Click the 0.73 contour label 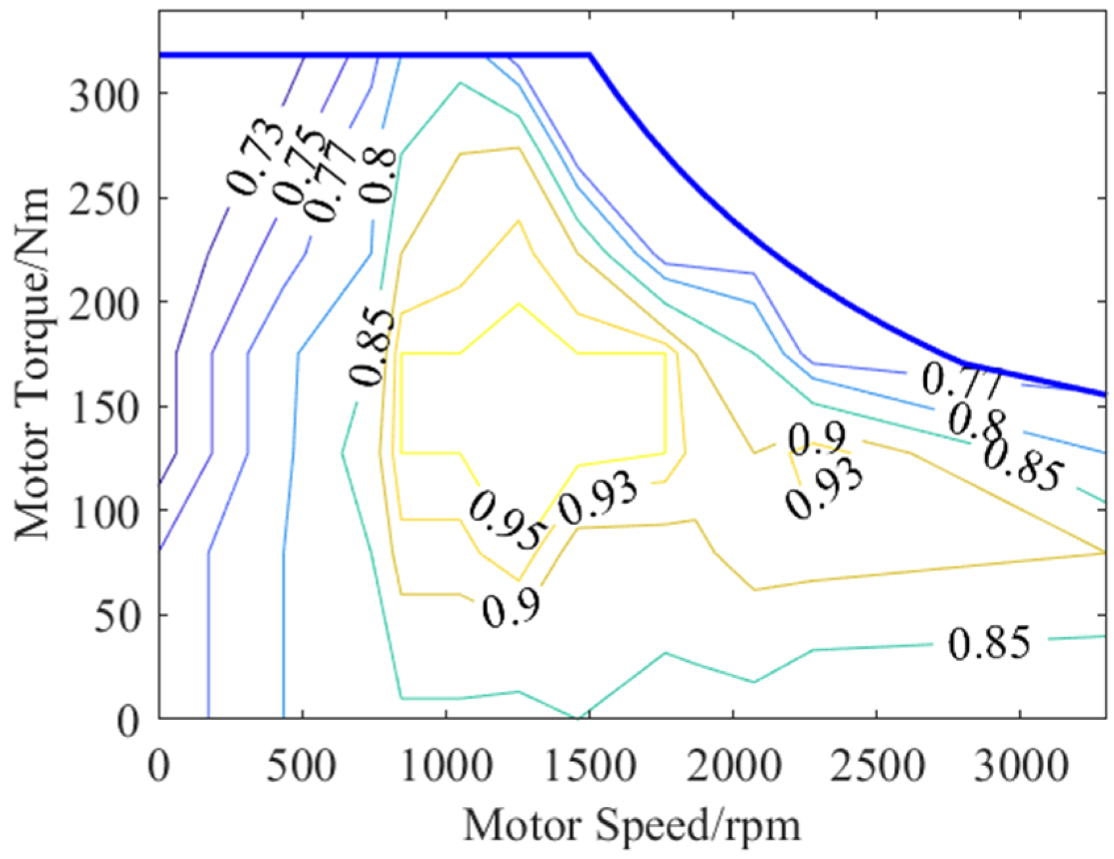256,156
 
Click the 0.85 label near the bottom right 989,644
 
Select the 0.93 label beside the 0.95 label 598,502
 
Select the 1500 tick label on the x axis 590,767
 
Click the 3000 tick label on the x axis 1020,767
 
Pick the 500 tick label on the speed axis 302,767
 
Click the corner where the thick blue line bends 590,55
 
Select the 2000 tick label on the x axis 733,767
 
